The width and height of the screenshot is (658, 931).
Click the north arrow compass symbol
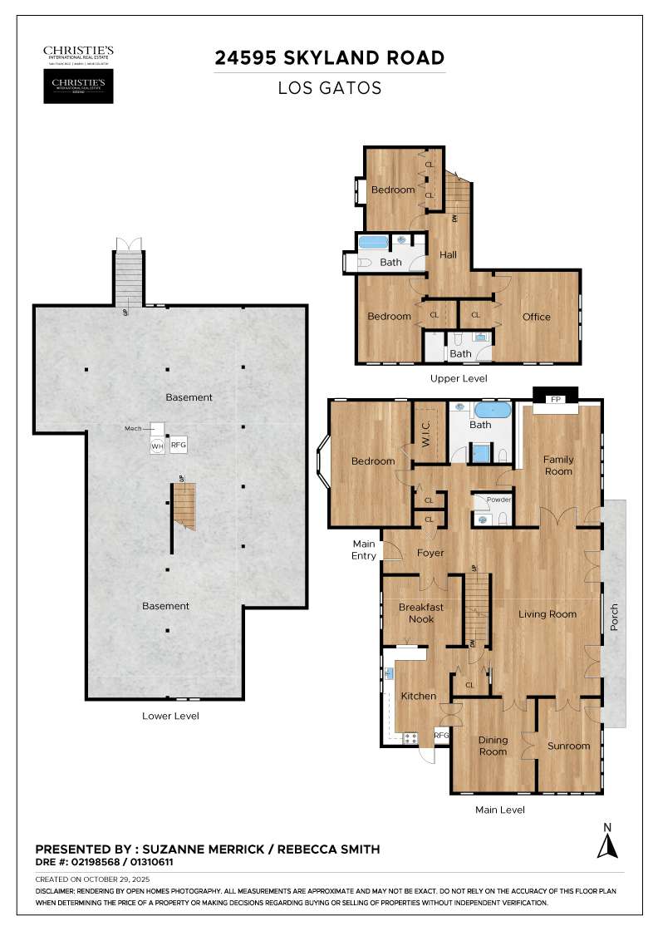608,842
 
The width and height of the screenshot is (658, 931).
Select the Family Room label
558,465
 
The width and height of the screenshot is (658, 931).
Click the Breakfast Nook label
421,613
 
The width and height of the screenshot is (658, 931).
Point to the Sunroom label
568,746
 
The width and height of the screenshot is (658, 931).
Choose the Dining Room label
493,746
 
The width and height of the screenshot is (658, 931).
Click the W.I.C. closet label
430,430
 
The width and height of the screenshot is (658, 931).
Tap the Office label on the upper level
536,317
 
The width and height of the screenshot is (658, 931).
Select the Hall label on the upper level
449,255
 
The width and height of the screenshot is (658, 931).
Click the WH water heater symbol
157,446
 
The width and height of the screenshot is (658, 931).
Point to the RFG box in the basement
179,446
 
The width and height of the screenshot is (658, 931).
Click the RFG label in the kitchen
441,736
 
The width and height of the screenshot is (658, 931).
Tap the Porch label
615,616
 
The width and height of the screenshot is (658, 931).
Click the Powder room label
499,500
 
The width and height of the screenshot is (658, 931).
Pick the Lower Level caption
170,716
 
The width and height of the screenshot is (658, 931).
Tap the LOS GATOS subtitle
330,87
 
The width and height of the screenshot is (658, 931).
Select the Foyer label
430,553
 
